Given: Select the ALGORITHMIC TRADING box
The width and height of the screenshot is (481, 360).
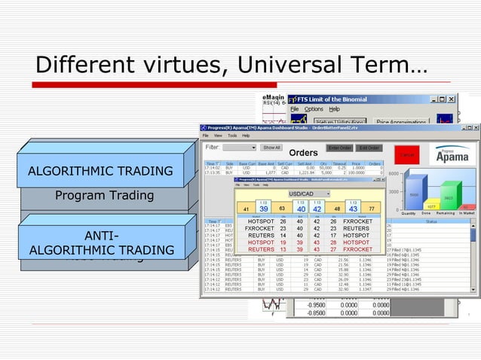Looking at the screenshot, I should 100,171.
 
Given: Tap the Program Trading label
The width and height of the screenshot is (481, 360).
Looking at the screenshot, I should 104,197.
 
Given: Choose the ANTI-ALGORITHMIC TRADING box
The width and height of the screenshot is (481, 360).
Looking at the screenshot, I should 100,243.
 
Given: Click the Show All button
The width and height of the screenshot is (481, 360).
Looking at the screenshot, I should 271,148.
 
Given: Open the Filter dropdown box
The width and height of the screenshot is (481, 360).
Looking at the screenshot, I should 240,148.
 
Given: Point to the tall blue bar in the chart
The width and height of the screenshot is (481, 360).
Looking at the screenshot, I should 414,192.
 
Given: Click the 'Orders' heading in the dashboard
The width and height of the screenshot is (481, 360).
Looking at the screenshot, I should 303,154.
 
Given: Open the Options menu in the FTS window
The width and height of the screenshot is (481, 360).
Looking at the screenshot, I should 314,109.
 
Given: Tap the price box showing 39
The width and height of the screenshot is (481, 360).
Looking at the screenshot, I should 264,209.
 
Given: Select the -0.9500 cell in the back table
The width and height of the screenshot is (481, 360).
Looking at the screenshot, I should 305,306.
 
